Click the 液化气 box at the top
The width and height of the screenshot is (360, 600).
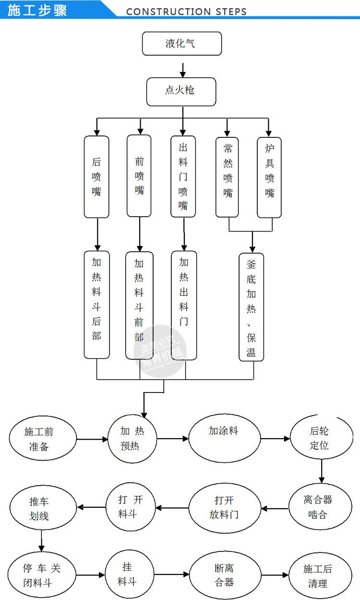pyautogui.click(x=182, y=44)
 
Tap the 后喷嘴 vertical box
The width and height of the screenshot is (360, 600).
pyautogui.click(x=96, y=176)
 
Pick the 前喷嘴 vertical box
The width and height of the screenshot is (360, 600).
pyautogui.click(x=139, y=175)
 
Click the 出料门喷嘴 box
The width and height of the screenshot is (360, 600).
pyautogui.click(x=183, y=176)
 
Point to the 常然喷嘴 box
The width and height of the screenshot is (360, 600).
pyautogui.click(x=228, y=177)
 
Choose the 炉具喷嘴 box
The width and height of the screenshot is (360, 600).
pyautogui.click(x=269, y=177)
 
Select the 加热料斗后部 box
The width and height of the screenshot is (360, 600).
pyautogui.click(x=96, y=305)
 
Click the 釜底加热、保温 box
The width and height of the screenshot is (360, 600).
pyautogui.click(x=252, y=307)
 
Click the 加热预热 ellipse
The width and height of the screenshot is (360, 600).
pyautogui.click(x=132, y=439)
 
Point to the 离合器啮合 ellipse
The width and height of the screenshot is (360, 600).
pyautogui.click(x=321, y=507)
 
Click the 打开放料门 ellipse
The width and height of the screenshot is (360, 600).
pyautogui.click(x=224, y=508)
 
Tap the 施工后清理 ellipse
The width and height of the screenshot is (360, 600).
pyautogui.click(x=318, y=576)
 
